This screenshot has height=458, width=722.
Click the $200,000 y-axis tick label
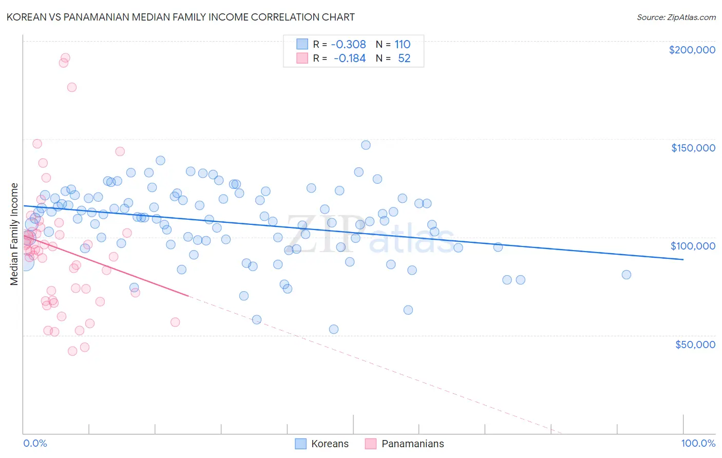(692, 50)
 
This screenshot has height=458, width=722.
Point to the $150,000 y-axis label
(693, 148)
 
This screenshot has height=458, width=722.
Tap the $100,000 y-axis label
(693, 246)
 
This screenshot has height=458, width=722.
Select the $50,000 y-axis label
(695, 344)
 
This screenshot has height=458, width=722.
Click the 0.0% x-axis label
(35, 443)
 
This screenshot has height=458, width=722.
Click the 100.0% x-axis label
(698, 443)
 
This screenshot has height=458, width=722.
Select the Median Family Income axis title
(14, 234)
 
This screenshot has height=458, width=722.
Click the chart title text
(180, 17)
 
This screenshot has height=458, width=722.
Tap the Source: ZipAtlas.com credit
(676, 17)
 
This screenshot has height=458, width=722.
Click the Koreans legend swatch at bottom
(300, 444)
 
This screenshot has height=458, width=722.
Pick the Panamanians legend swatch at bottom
(371, 444)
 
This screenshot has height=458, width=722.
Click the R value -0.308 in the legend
(348, 44)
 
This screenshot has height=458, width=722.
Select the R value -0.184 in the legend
(349, 59)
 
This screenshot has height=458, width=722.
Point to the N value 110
(402, 44)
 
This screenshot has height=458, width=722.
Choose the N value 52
(404, 59)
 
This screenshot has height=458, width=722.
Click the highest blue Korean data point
(366, 145)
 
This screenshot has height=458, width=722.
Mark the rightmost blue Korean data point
(626, 275)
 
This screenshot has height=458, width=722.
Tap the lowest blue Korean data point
(334, 329)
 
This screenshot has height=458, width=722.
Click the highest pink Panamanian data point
(65, 58)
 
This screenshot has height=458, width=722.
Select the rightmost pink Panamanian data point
(175, 322)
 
